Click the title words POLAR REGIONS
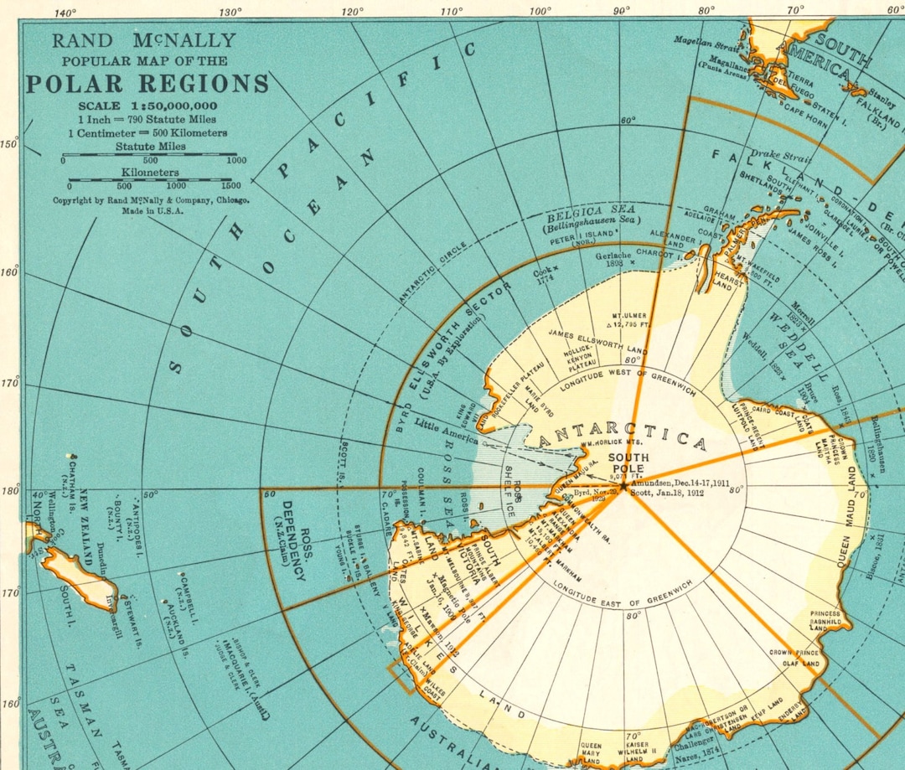[x=147, y=84]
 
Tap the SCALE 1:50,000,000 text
[x=147, y=106]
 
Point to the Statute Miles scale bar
[x=151, y=155]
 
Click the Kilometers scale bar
[x=151, y=179]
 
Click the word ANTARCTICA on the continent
[x=623, y=439]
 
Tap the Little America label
[x=447, y=434]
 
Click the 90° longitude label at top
[x=621, y=11]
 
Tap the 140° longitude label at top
[x=65, y=12]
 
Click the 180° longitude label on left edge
[x=9, y=490]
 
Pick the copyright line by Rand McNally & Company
[x=151, y=200]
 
